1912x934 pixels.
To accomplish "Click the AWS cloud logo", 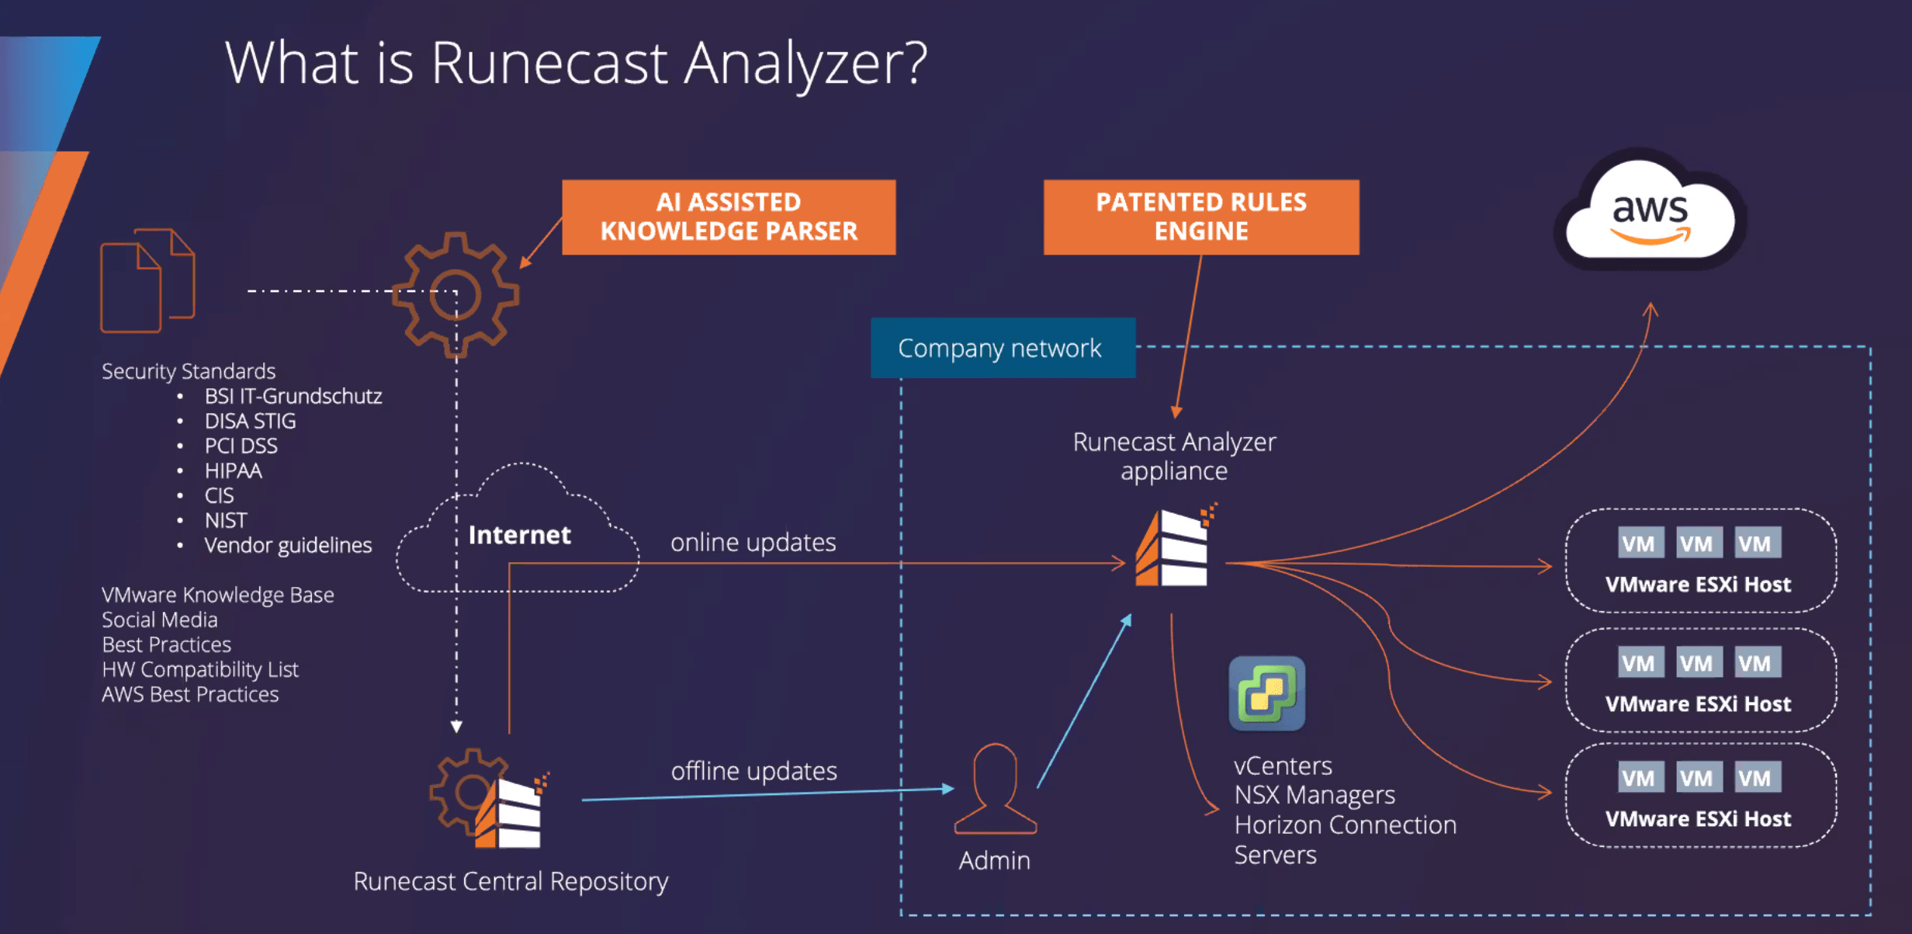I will tap(1650, 212).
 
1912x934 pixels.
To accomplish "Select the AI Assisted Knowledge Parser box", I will tap(728, 217).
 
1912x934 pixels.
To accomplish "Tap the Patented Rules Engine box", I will tap(1200, 217).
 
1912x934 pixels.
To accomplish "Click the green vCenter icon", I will tap(1266, 693).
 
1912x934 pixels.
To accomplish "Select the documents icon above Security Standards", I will tap(147, 281).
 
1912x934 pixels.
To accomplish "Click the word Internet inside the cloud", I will tap(519, 535).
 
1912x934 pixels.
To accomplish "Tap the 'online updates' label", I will tap(753, 542).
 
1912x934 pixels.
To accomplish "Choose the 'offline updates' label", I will tap(753, 771).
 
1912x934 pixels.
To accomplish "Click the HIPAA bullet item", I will tap(233, 470).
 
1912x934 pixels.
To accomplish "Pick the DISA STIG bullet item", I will tap(250, 421).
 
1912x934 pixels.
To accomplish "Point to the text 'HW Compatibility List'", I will tap(199, 669).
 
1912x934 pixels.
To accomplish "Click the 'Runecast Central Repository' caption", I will tap(510, 881).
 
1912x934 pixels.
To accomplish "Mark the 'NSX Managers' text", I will tap(1314, 795).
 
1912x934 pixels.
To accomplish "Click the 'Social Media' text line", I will tap(159, 620).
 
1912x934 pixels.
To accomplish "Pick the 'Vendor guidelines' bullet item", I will tap(288, 545).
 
